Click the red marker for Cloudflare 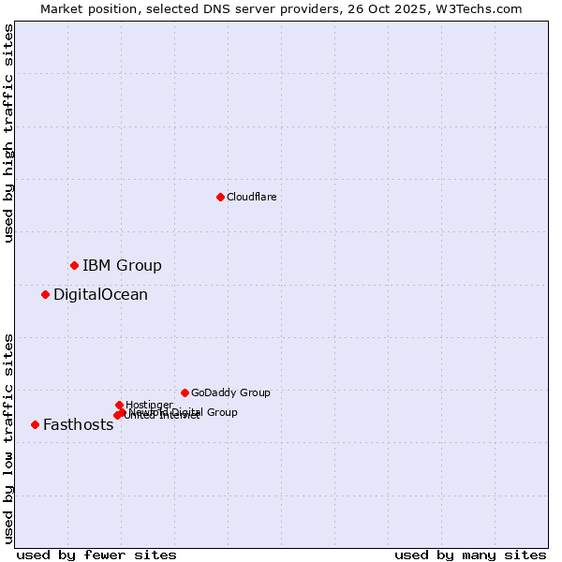(220, 197)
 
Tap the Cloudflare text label (251, 197)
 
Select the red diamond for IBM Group (74, 265)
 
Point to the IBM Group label (122, 265)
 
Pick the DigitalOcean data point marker (45, 294)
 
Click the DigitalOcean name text (100, 294)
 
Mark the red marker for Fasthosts (35, 424)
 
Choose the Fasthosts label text (78, 424)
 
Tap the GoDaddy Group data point (185, 392)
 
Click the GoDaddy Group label (230, 392)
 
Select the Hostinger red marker (119, 405)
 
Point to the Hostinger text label (149, 405)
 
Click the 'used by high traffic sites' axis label (9, 133)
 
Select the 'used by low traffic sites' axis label (9, 438)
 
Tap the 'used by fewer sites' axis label (96, 555)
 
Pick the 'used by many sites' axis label (470, 555)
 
